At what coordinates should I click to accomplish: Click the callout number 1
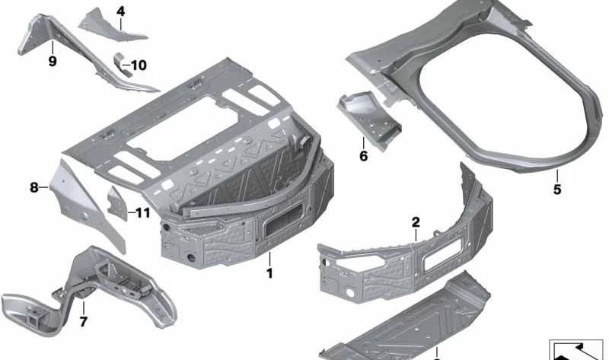point(269,273)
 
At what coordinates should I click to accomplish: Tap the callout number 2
point(416,222)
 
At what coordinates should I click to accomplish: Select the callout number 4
point(121,11)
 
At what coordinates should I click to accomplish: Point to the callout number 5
point(557,190)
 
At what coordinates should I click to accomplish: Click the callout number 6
point(363,156)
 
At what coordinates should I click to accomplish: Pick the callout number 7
point(83,321)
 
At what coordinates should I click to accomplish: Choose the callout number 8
point(34,187)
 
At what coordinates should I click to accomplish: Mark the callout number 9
point(53,61)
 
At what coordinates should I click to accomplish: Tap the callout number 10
point(139,65)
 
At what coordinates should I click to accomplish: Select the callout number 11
point(142,212)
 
